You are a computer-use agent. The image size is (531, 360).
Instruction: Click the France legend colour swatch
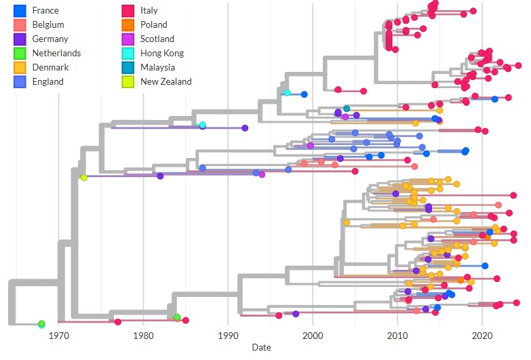(x=20, y=11)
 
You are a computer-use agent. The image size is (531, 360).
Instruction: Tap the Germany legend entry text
(x=50, y=39)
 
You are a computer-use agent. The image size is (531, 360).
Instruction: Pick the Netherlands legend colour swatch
(x=20, y=54)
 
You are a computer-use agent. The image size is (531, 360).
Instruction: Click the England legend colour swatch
(x=20, y=82)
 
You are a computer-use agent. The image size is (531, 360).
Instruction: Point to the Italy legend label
(x=149, y=11)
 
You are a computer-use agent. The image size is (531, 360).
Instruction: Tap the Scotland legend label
(x=157, y=39)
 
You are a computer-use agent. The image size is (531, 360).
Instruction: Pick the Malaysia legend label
(x=157, y=68)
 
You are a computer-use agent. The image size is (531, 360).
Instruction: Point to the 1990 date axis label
(x=228, y=336)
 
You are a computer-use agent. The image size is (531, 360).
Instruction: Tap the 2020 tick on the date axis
(x=482, y=336)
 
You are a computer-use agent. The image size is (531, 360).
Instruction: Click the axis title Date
(x=261, y=347)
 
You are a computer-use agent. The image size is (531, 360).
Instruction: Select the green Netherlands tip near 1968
(x=41, y=324)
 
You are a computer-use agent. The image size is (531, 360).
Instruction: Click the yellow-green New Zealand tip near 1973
(x=83, y=178)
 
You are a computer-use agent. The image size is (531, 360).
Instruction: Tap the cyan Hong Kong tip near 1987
(x=203, y=125)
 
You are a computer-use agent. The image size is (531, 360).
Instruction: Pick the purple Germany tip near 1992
(x=245, y=128)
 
